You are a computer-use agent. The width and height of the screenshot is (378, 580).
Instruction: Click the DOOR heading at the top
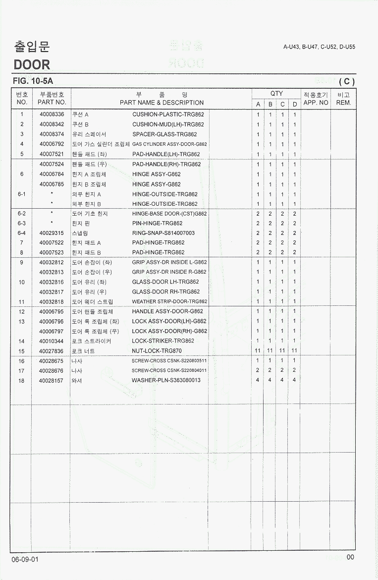32,64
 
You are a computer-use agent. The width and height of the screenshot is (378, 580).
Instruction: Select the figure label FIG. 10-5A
33,81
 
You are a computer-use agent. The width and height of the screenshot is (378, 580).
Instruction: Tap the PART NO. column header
52,103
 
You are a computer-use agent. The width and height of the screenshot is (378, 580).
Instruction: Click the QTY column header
276,93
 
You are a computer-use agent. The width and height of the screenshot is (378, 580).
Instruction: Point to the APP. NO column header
316,103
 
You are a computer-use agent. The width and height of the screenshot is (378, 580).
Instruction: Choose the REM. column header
343,103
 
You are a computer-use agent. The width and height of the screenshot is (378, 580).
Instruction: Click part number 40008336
52,115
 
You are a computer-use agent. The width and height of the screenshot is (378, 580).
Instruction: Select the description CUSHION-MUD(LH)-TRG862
168,124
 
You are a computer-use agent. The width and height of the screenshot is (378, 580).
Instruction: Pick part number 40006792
52,144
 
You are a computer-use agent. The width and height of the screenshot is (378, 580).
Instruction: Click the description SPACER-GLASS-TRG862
164,134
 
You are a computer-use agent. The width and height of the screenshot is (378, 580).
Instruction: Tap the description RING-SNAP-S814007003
163,233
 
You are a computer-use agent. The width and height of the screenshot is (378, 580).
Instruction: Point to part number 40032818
52,301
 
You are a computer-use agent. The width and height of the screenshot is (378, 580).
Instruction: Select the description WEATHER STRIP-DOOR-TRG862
169,301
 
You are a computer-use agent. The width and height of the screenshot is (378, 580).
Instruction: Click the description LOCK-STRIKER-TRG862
163,341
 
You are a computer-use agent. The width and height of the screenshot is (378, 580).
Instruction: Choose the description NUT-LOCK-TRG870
157,351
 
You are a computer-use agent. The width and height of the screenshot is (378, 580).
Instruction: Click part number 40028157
52,380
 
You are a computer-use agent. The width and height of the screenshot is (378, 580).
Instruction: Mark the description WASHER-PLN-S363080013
166,380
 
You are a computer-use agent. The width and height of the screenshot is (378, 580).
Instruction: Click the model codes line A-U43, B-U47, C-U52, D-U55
319,47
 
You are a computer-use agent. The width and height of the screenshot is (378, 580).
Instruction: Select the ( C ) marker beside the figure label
347,82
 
